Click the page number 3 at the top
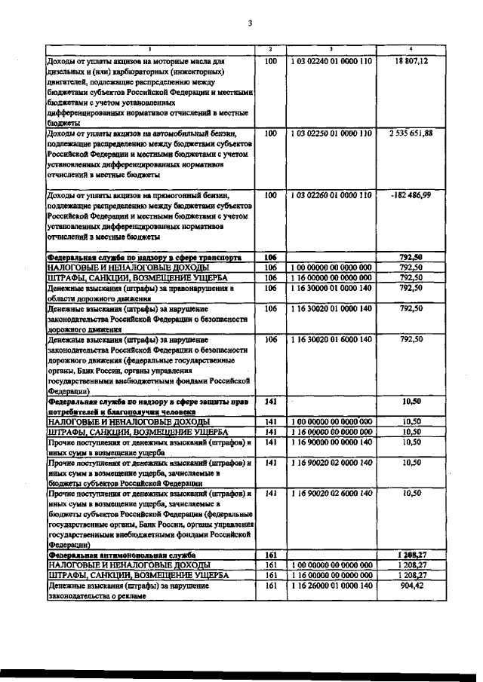coord(250,23)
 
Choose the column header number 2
coord(271,49)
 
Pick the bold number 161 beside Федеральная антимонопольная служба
coord(271,555)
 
